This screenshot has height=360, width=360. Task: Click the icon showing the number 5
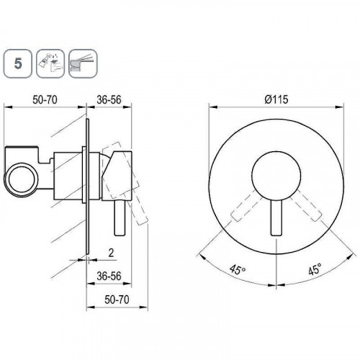point(18,63)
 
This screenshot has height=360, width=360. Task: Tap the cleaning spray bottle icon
point(50,63)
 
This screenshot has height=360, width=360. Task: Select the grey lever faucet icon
point(83,63)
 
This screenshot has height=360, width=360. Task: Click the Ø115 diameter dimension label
point(276,99)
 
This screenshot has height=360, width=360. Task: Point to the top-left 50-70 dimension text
point(45,99)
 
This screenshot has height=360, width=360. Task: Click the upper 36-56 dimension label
point(109,99)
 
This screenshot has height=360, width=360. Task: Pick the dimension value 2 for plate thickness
point(111,253)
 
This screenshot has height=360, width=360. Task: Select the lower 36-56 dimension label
point(109,276)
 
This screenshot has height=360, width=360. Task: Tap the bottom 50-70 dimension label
point(117,300)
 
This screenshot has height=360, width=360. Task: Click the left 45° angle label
point(238,269)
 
